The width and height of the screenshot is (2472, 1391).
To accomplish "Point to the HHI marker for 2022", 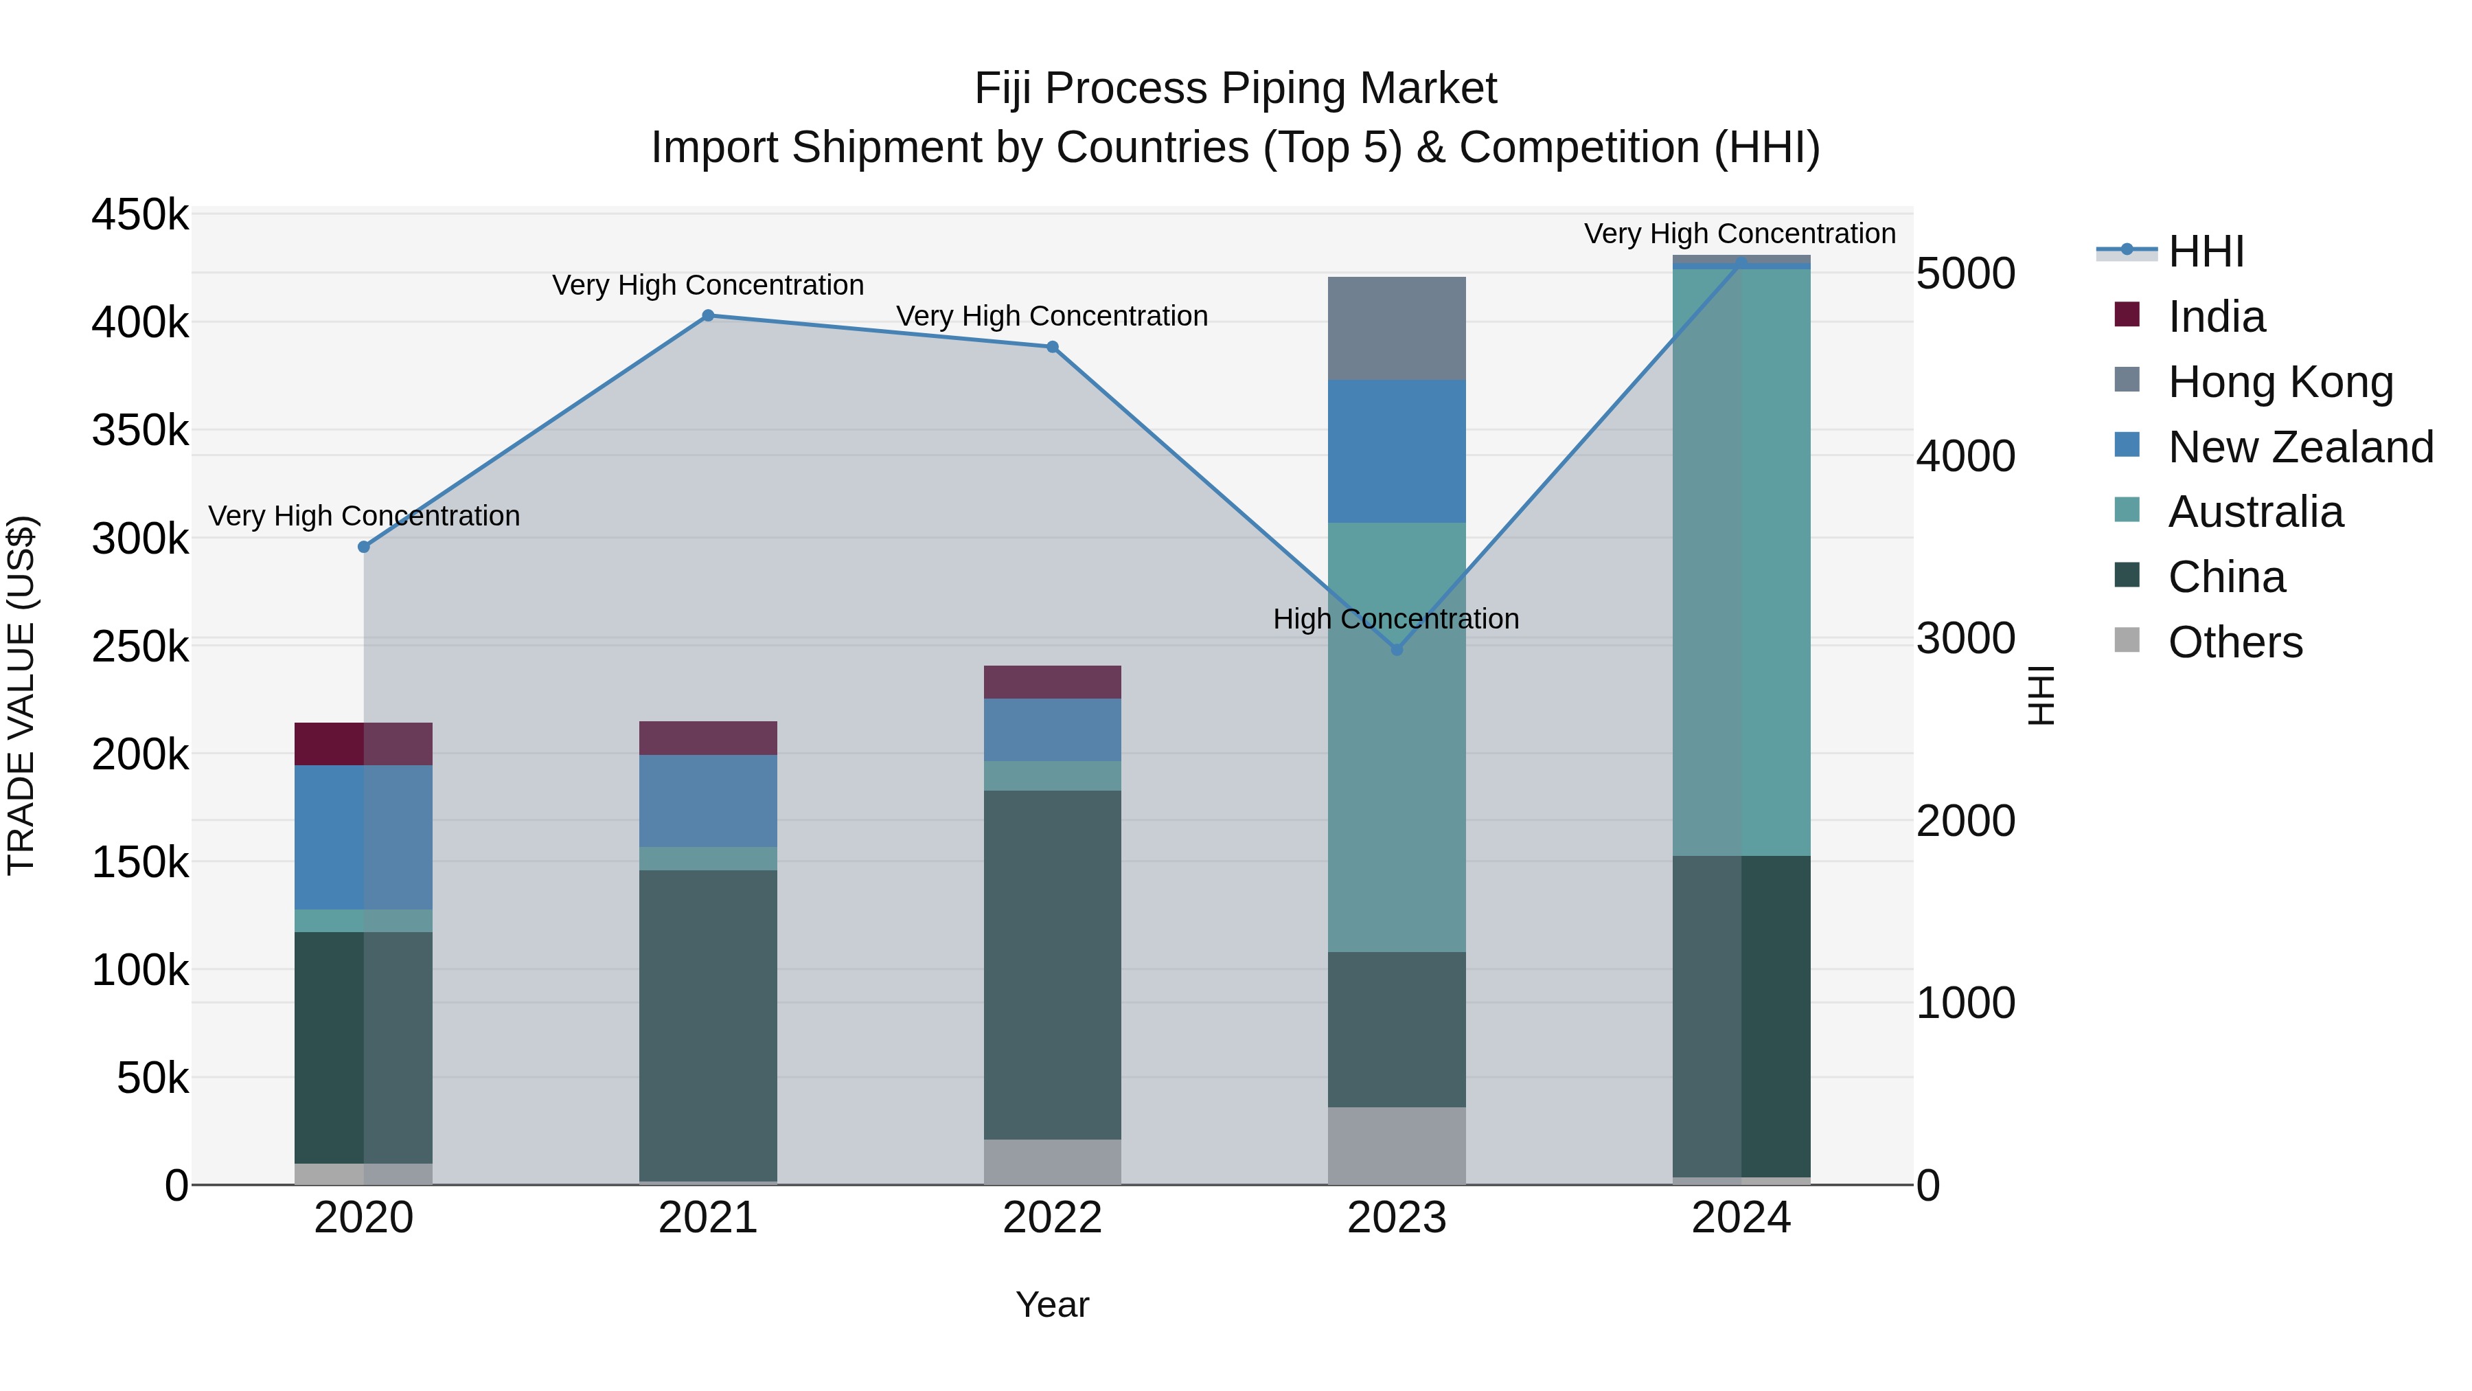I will point(1053,347).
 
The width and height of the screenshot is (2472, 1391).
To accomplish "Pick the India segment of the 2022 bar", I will point(1053,681).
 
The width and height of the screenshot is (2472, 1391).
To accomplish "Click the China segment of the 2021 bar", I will point(708,1026).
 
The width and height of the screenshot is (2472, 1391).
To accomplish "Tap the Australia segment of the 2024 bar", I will point(1741,562).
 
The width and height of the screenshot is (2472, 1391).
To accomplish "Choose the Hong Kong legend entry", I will point(2280,382).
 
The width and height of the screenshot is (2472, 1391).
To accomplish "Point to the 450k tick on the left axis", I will point(140,215).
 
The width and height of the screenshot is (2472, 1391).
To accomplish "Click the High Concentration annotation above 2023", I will point(1396,619).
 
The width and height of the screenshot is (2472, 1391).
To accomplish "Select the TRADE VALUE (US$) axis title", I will point(22,695).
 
